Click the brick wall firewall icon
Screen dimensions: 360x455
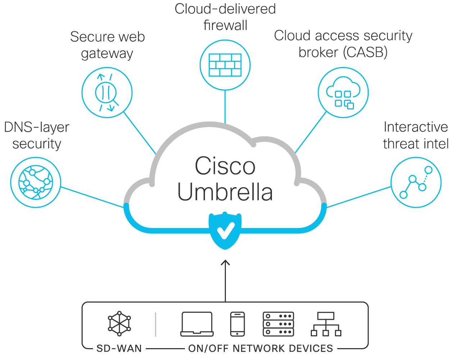click(225, 65)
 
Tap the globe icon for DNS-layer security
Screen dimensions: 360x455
click(36, 182)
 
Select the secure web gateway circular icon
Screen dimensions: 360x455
click(107, 93)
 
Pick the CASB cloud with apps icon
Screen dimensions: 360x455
click(343, 93)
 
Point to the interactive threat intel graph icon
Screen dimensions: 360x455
click(416, 182)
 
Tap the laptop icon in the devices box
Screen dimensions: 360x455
click(197, 324)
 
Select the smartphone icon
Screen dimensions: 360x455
click(237, 324)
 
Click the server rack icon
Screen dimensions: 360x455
click(278, 324)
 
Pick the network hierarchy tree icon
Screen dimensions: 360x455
click(326, 324)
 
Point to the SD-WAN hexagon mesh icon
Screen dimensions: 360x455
click(119, 324)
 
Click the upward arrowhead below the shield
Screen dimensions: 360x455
click(225, 262)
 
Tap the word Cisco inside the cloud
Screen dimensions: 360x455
click(225, 166)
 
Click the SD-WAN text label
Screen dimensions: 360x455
click(119, 348)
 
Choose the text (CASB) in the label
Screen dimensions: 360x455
click(365, 53)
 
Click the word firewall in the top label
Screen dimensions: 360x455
click(225, 26)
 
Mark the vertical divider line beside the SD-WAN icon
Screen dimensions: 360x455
click(155, 324)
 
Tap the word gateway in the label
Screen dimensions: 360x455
click(107, 54)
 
